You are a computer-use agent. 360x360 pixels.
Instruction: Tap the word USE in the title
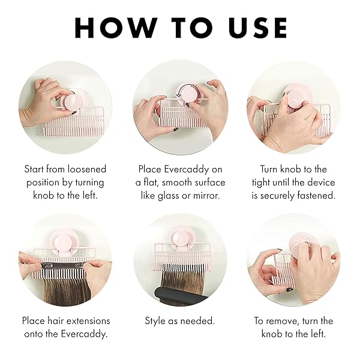(x=254, y=28)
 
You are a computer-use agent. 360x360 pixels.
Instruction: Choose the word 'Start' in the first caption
(x=36, y=169)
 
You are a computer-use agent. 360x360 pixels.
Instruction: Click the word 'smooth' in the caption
(x=171, y=182)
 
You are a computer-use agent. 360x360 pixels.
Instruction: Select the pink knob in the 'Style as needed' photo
(x=179, y=235)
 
